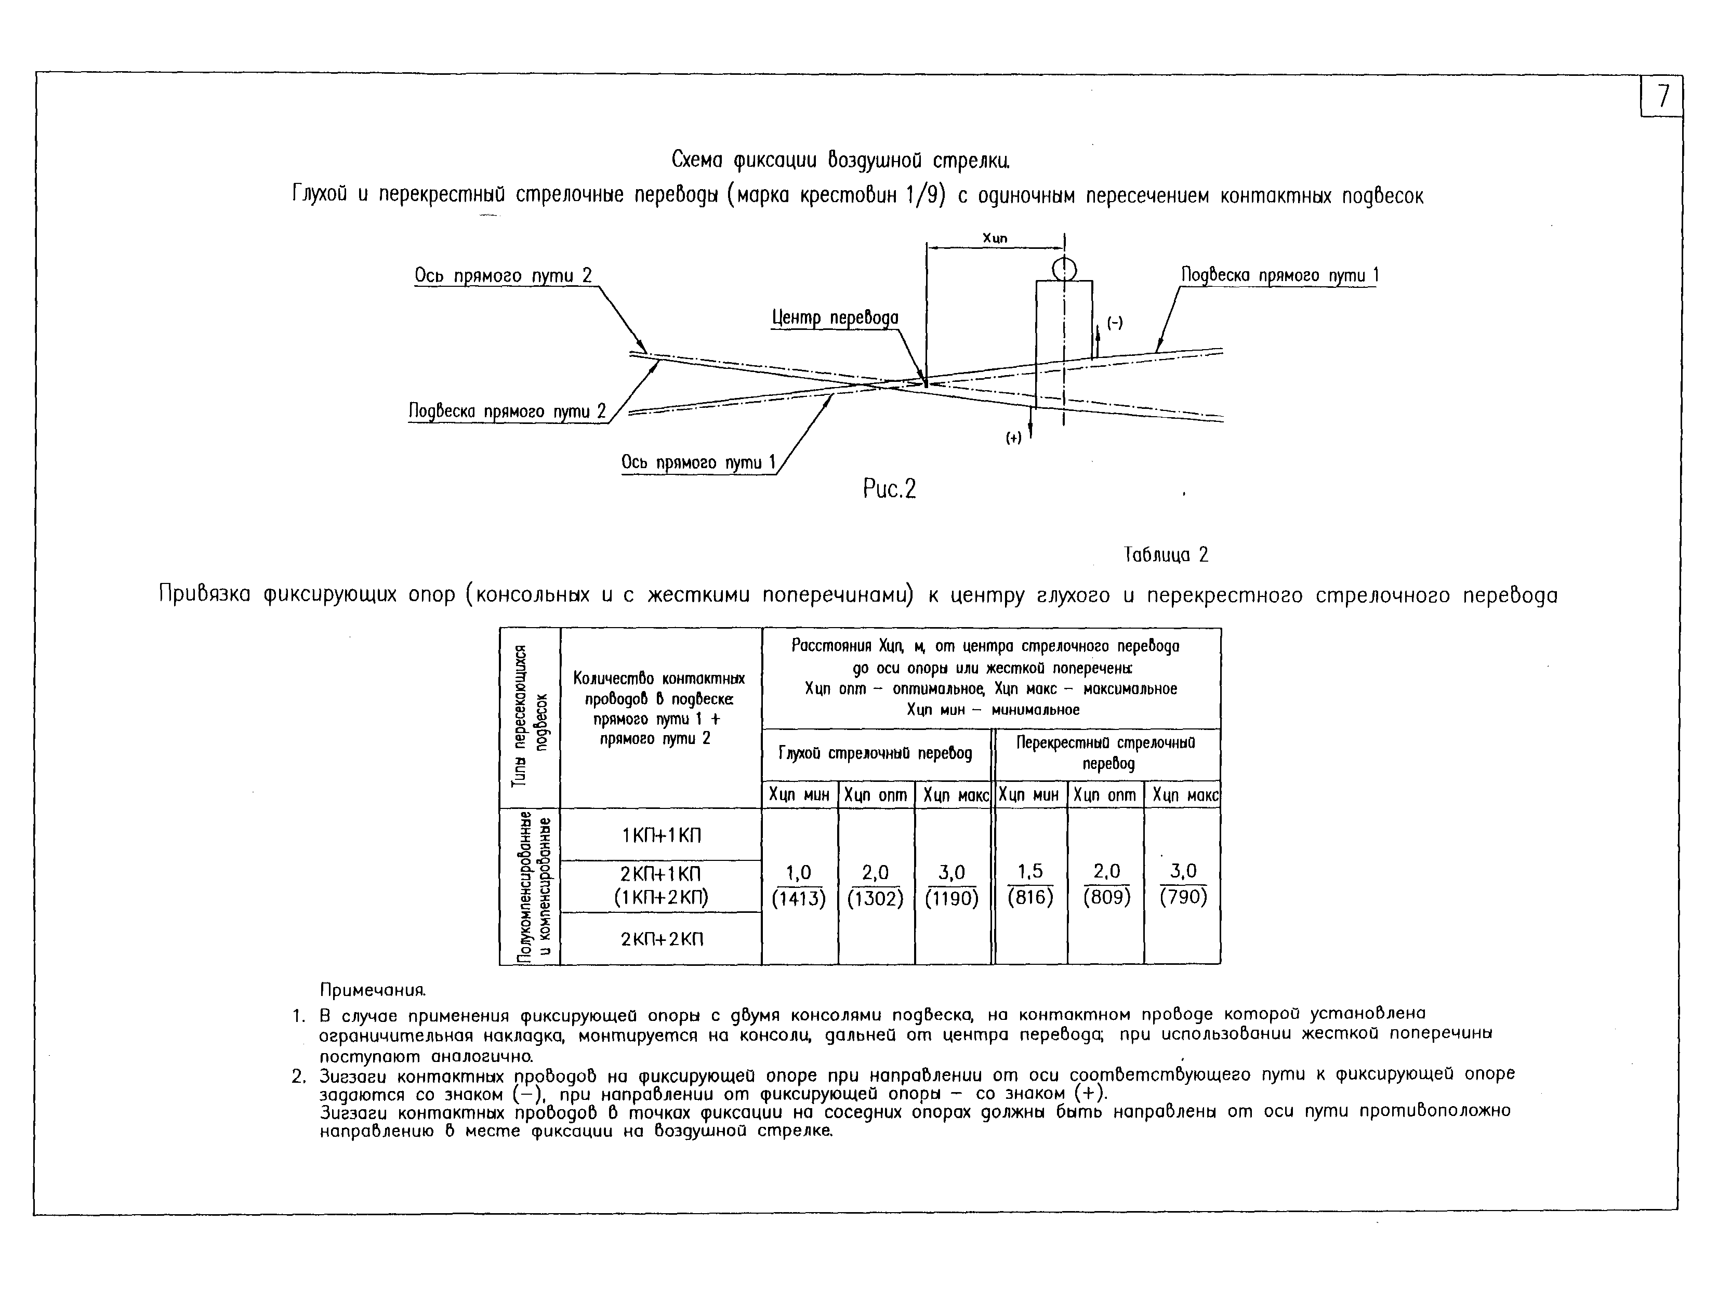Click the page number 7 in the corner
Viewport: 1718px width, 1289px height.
[1661, 96]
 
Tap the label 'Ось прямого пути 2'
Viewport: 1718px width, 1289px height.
[503, 276]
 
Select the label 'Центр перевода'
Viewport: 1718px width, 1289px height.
[835, 317]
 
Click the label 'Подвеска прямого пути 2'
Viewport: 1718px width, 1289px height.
[506, 411]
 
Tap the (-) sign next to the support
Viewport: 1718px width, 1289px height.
[1115, 323]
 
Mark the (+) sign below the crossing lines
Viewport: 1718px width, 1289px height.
[1013, 438]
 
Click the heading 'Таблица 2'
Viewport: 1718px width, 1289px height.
[1166, 554]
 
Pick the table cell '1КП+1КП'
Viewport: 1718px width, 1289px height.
[661, 835]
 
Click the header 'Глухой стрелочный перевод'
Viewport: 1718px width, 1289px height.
[875, 753]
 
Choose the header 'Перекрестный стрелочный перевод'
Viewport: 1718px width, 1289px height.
[1106, 752]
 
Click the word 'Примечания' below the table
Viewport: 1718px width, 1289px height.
[373, 991]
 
